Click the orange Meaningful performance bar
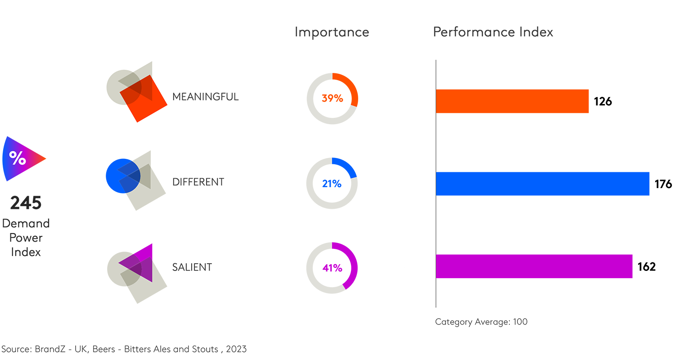512,101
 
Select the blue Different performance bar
542,184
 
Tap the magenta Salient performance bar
534,266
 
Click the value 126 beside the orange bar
603,102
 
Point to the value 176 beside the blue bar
663,184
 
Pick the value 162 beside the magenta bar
646,267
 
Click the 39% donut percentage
332,98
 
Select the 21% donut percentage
332,184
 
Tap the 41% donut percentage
332,268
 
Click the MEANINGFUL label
205,97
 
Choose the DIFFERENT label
198,182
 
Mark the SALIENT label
192,267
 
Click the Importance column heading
332,32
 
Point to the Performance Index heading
493,32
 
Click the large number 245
26,203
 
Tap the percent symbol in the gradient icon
18,158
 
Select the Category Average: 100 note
481,322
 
